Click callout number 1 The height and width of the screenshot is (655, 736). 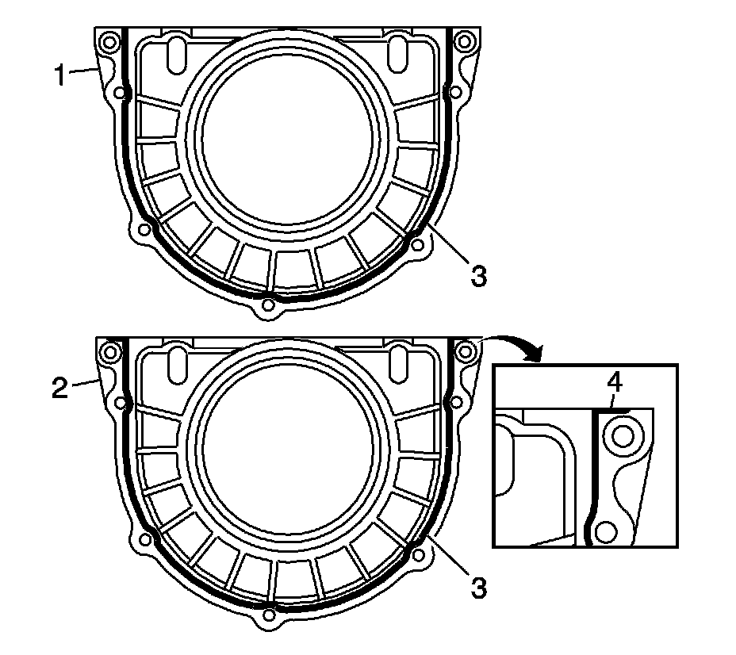pyautogui.click(x=59, y=75)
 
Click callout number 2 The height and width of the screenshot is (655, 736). pyautogui.click(x=60, y=389)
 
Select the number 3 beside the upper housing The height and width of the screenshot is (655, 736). pyautogui.click(x=478, y=276)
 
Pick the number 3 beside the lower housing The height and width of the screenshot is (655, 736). pyautogui.click(x=478, y=588)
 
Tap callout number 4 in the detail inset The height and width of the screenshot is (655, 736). pyautogui.click(x=615, y=383)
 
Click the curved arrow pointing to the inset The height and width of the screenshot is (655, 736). pyautogui.click(x=514, y=345)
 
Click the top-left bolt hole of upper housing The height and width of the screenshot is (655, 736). pyautogui.click(x=110, y=42)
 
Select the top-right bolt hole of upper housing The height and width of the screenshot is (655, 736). pyautogui.click(x=465, y=41)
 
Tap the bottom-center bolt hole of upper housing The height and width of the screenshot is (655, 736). pyautogui.click(x=268, y=305)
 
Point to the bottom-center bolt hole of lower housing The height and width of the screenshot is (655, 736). pyautogui.click(x=269, y=615)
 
